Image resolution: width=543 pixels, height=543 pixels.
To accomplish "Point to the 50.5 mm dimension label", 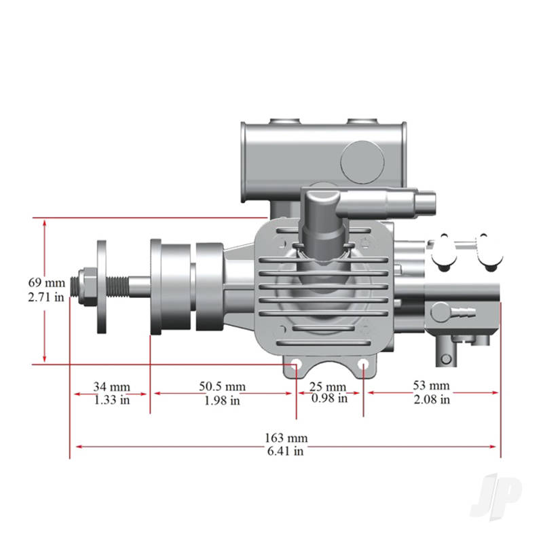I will (x=222, y=387).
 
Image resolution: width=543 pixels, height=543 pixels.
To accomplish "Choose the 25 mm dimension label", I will (x=329, y=387).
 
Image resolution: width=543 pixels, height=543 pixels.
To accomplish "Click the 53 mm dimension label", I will (x=432, y=387).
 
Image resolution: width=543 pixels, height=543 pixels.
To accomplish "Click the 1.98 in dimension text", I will (x=222, y=400).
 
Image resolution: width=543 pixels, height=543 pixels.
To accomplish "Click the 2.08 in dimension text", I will (x=432, y=400).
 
